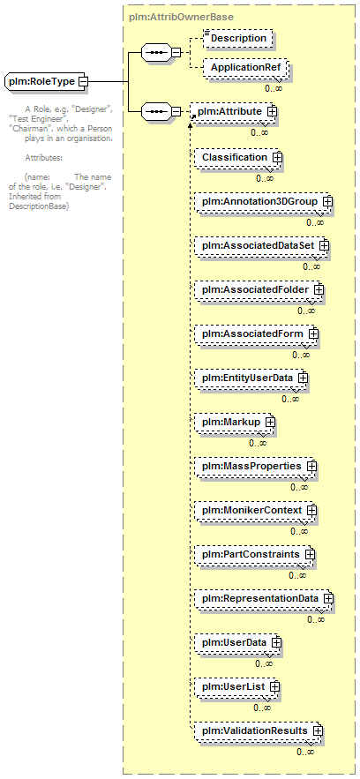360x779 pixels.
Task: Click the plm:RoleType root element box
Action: click(x=45, y=81)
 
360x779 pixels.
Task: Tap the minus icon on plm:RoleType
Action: click(x=85, y=81)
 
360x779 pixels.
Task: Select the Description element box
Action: click(x=238, y=38)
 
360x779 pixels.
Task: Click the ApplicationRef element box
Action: click(x=244, y=68)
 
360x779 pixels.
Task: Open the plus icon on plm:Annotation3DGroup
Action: click(x=327, y=202)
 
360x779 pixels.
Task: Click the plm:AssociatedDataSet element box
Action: click(x=260, y=245)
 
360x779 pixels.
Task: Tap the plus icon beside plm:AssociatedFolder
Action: click(x=319, y=289)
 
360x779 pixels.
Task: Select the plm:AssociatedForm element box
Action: click(x=255, y=333)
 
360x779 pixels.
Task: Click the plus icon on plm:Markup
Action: click(x=270, y=422)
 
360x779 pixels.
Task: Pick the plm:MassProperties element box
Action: click(x=254, y=466)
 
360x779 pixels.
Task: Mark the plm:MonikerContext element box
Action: click(x=254, y=510)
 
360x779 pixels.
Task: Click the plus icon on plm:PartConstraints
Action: click(x=310, y=554)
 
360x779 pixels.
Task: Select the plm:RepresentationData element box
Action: click(x=262, y=598)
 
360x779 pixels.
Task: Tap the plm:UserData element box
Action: click(x=236, y=642)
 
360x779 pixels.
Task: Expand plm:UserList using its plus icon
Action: click(x=274, y=686)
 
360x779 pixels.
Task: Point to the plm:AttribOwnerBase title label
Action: click(x=181, y=17)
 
